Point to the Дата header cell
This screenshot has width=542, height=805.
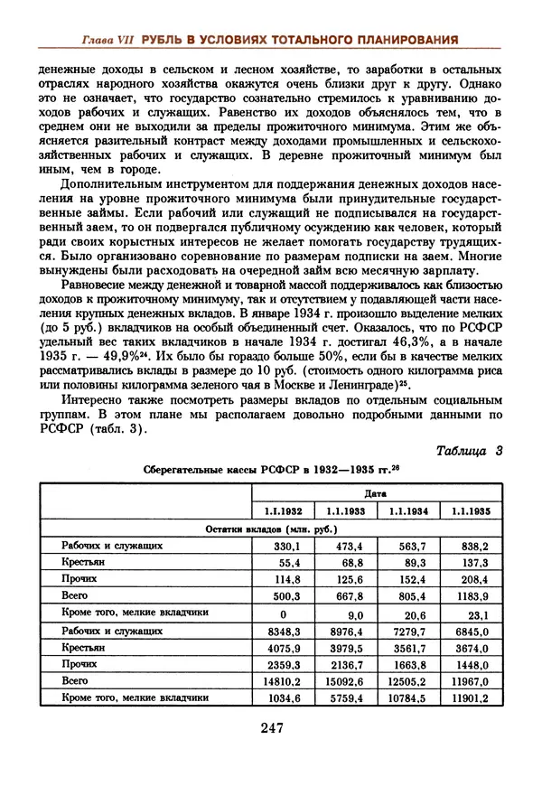[x=377, y=493]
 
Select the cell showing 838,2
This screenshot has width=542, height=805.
[x=472, y=546]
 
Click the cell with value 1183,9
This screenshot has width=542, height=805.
[x=471, y=595]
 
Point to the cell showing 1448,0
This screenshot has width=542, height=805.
[x=471, y=663]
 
